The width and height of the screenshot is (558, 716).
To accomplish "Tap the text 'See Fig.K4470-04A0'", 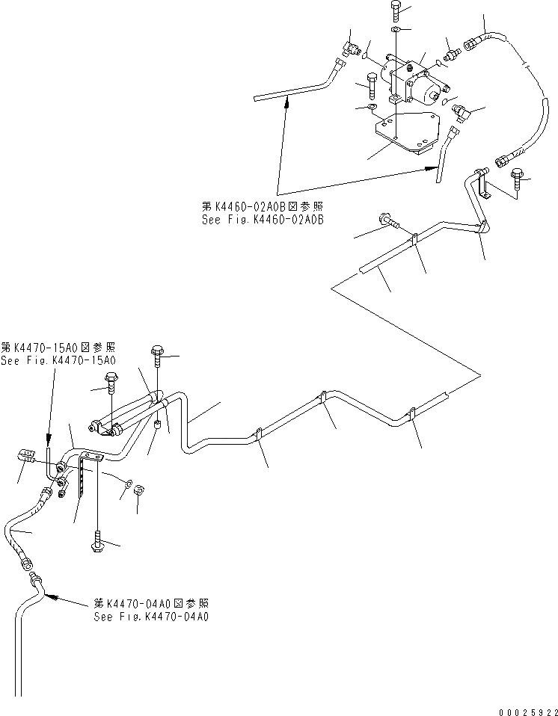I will coord(151,617).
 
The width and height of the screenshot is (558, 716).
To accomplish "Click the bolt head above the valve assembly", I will coord(396,10).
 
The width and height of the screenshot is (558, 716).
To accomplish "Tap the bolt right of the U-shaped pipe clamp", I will coord(518,177).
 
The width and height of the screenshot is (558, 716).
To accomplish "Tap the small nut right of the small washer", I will coord(139,491).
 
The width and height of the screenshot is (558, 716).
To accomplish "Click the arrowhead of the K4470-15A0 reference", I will coord(49,447).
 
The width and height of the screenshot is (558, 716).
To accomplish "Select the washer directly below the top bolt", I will coord(396,30).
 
